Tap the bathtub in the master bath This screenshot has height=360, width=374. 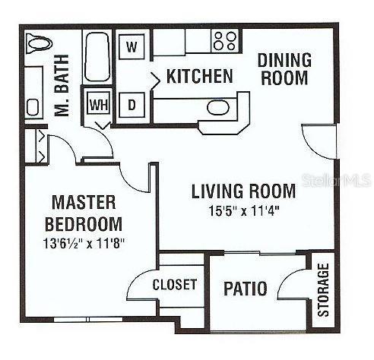tap(97, 57)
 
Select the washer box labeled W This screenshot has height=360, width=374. tap(132, 46)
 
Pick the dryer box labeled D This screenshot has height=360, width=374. tap(132, 106)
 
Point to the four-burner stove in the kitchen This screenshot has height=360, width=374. tap(224, 40)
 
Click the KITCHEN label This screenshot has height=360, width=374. tap(199, 76)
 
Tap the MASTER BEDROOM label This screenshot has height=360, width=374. tap(84, 213)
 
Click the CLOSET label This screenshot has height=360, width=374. tap(175, 285)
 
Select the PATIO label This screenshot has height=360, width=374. tap(245, 289)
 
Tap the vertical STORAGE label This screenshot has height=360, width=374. tap(323, 290)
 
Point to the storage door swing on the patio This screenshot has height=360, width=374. tap(295, 287)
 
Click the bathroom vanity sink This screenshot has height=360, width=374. tap(33, 106)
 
